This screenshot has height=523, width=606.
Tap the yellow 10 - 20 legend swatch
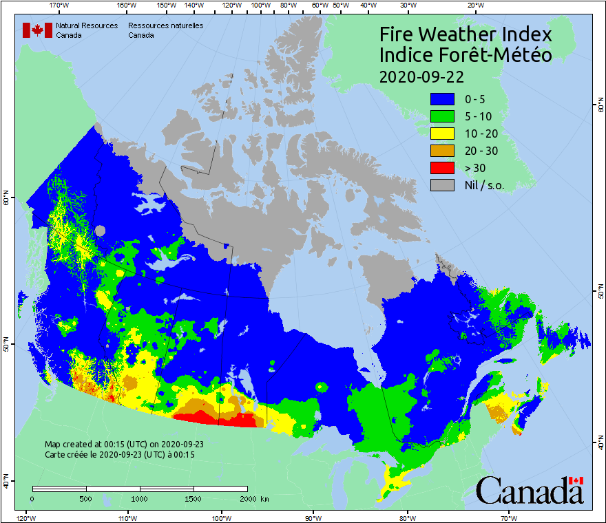tap(442, 134)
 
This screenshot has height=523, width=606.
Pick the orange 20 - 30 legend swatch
tap(442, 151)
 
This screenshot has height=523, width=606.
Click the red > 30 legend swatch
tap(442, 167)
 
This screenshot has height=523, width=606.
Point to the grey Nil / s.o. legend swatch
tap(442, 184)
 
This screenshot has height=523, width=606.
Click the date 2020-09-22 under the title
tap(421, 76)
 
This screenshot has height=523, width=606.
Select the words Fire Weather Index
tap(466, 34)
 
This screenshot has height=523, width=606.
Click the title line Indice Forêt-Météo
tap(466, 55)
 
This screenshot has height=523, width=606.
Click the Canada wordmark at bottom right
tap(530, 491)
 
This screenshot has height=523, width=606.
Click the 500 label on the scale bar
tap(85, 498)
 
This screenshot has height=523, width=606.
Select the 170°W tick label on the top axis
tap(60, 5)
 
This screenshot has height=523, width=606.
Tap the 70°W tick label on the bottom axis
tap(509, 517)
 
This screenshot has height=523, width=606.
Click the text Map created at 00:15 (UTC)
tap(124, 445)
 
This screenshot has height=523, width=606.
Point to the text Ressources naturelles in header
tap(165, 25)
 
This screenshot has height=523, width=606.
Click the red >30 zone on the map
tap(207, 417)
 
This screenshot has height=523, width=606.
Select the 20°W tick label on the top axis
tap(474, 5)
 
